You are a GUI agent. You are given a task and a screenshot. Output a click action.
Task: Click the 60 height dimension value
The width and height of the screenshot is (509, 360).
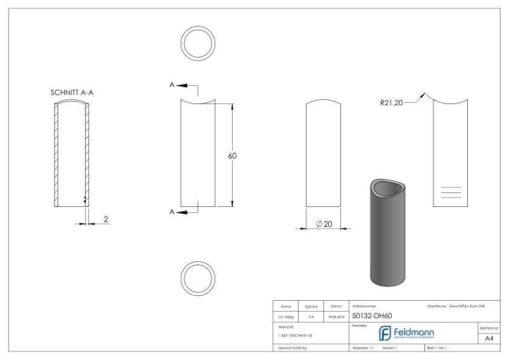pos(232,156)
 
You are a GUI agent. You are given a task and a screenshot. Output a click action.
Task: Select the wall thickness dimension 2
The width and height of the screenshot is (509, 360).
pos(106,218)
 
